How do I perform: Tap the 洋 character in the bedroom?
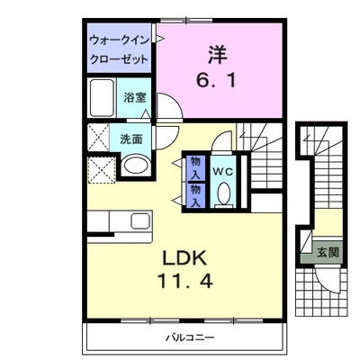[x=218, y=55]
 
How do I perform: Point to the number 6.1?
[x=216, y=80]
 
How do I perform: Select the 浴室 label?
[x=135, y=97]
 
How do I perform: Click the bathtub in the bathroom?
[x=102, y=98]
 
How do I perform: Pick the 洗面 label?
[x=131, y=139]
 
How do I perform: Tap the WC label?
[x=223, y=172]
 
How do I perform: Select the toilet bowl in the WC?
[x=223, y=194]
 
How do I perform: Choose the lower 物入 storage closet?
[x=196, y=195]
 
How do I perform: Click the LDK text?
[x=184, y=258]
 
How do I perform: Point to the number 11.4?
[x=185, y=282]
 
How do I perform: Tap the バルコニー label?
[x=190, y=338]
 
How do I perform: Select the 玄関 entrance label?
[x=328, y=252]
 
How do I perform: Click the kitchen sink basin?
[x=140, y=220]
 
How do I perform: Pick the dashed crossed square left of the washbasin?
[x=103, y=169]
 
